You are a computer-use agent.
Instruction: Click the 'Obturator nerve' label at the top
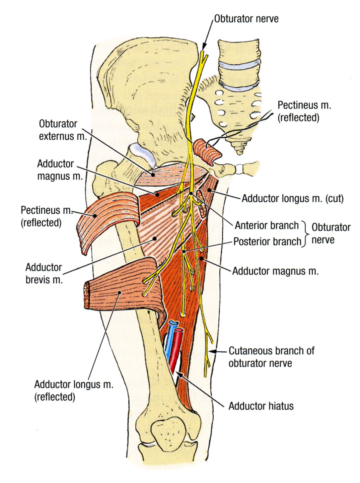point(246,19)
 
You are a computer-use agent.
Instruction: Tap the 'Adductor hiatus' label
point(261,406)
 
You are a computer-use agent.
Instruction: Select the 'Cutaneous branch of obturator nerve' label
point(271,357)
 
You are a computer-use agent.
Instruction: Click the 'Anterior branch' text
point(267,226)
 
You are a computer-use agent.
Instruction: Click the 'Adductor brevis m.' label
point(44,273)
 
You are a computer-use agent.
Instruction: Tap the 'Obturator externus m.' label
point(63,130)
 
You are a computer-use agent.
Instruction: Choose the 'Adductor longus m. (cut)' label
point(292,199)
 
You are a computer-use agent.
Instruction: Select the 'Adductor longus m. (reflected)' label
point(74,390)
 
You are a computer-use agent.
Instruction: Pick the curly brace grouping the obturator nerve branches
point(306,234)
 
